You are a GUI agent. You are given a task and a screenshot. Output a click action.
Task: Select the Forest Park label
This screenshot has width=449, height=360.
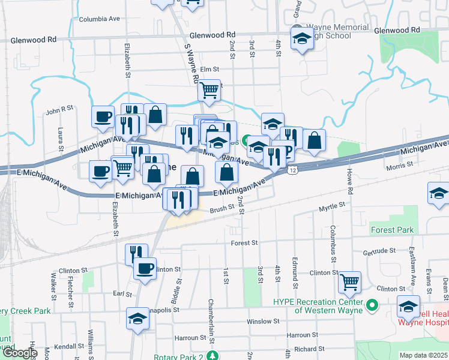392,230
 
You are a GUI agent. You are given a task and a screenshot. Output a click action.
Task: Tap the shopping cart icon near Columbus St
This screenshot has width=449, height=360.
349,281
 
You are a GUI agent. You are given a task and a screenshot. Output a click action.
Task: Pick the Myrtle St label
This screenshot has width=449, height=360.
332,206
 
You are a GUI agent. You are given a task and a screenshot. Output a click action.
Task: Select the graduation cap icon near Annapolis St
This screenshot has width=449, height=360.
137,317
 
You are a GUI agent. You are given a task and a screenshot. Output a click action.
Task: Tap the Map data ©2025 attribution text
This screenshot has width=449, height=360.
423,355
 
